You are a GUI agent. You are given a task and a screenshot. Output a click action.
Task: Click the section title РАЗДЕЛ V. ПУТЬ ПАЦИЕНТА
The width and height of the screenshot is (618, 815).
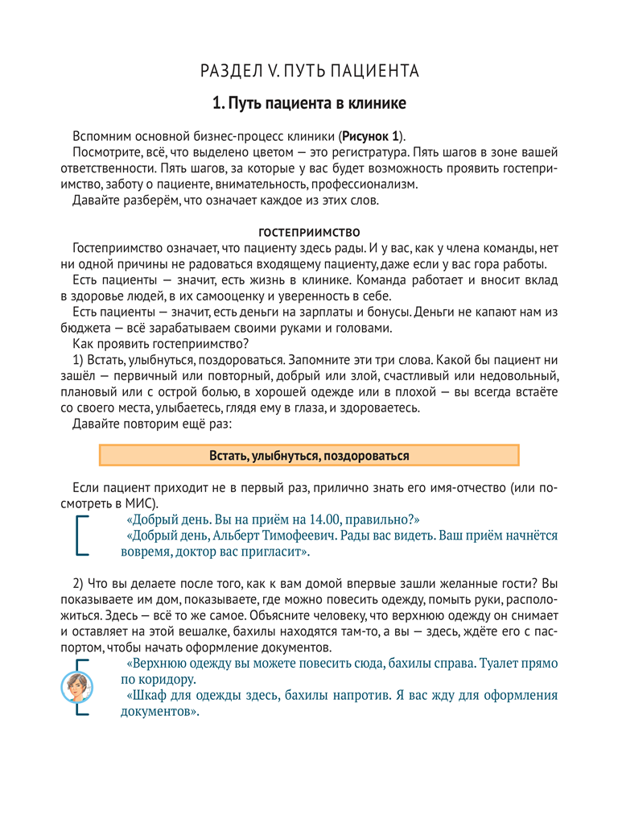pos(309,71)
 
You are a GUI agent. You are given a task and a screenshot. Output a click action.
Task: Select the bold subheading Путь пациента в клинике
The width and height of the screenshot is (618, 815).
pos(309,103)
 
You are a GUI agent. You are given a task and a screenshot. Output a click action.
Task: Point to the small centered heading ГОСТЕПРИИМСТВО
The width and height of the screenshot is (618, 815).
pos(309,233)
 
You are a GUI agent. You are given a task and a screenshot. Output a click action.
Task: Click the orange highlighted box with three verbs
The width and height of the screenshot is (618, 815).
pos(309,456)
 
